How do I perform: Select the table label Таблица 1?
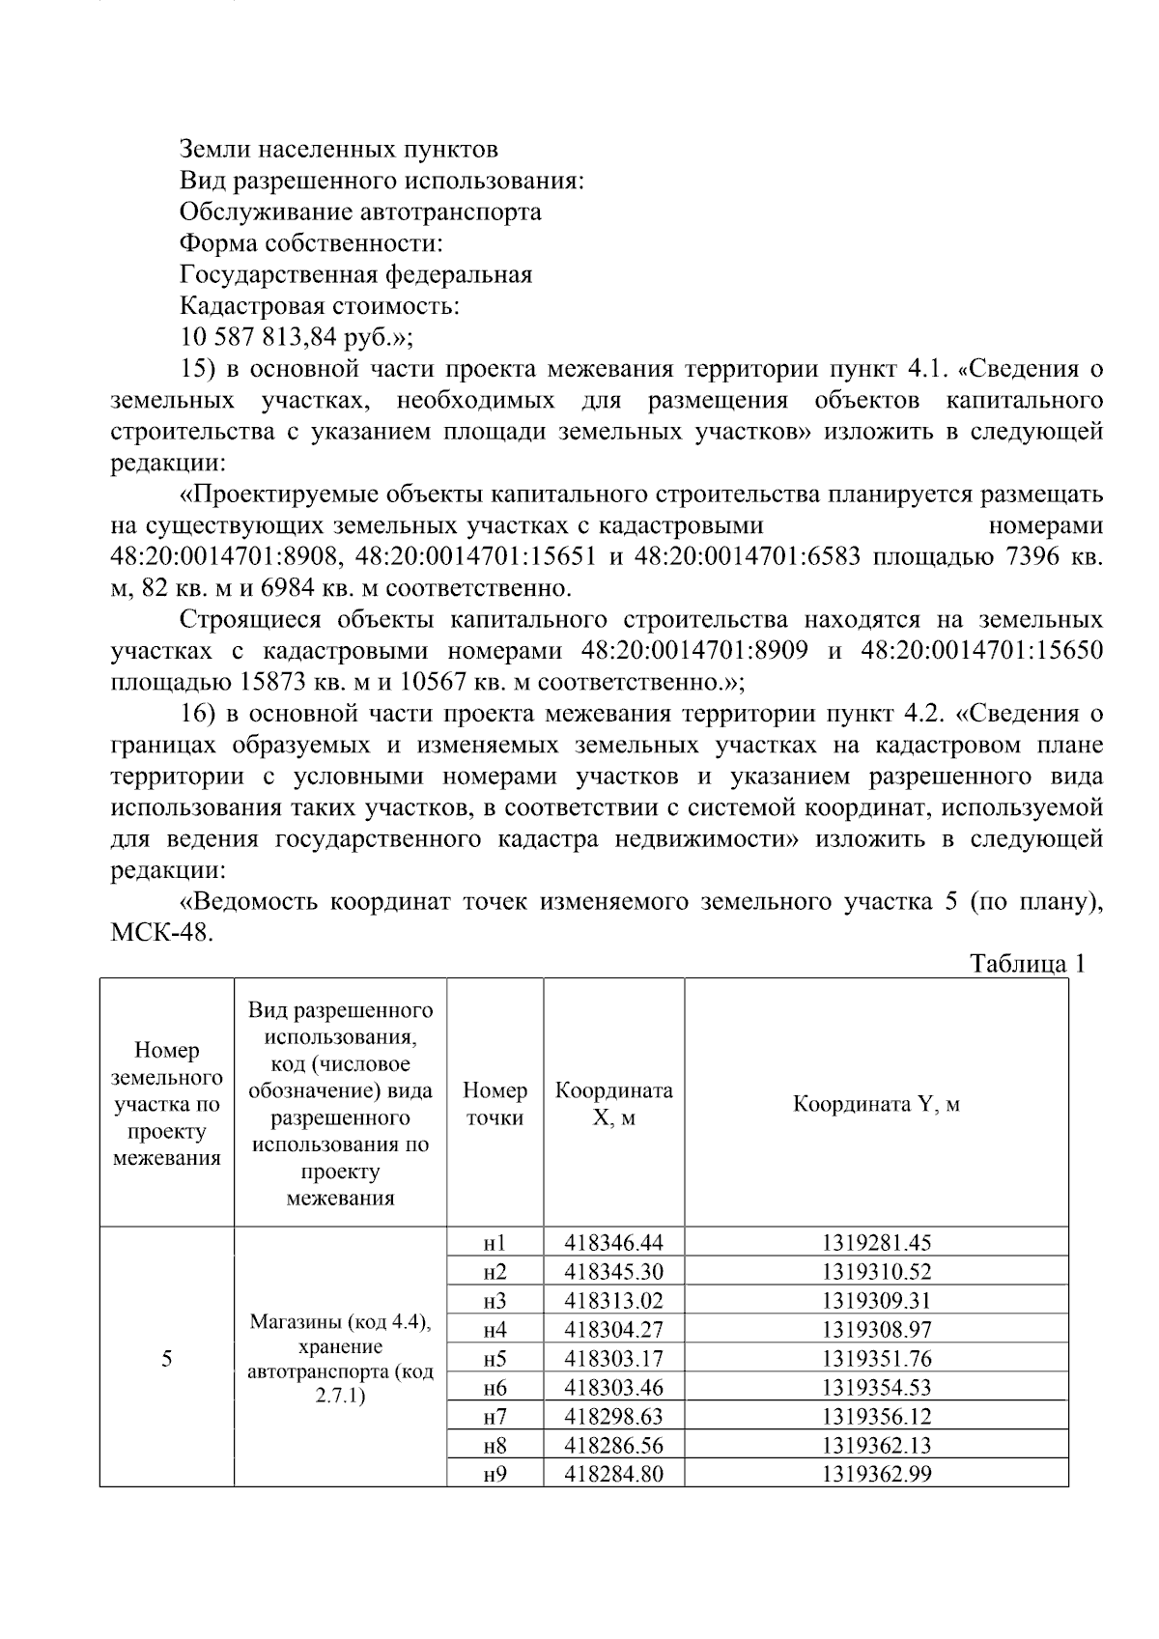[1028, 964]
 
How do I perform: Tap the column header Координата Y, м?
[876, 1104]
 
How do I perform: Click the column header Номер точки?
[495, 1104]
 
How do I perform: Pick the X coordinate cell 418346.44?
[613, 1242]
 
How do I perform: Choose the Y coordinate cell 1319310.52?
[876, 1271]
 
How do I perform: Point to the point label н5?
[495, 1358]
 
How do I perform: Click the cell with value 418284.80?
[613, 1474]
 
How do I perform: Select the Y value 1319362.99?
[876, 1474]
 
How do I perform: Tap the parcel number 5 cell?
[167, 1359]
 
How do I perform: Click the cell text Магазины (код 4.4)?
[340, 1321]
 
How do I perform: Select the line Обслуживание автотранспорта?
[360, 212]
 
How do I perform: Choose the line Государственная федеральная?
[355, 274]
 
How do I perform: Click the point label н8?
[495, 1445]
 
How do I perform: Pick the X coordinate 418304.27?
[613, 1329]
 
